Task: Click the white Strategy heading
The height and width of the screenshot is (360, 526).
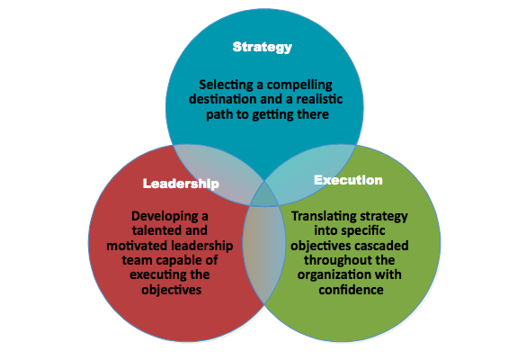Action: pos(263,48)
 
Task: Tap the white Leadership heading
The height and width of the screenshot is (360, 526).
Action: pos(181,184)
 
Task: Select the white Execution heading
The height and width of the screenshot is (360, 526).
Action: pos(348,180)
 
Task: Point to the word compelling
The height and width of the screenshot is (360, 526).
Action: pos(299,85)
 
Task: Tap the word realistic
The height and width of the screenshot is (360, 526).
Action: pos(319,99)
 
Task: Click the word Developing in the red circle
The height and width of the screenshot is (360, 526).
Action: pos(165,217)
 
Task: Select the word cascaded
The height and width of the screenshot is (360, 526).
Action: pos(381,246)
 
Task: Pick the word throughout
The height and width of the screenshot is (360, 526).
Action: pos(333,260)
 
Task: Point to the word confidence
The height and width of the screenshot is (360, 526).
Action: pos(351,290)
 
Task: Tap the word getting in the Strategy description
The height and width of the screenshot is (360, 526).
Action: pos(272,115)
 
